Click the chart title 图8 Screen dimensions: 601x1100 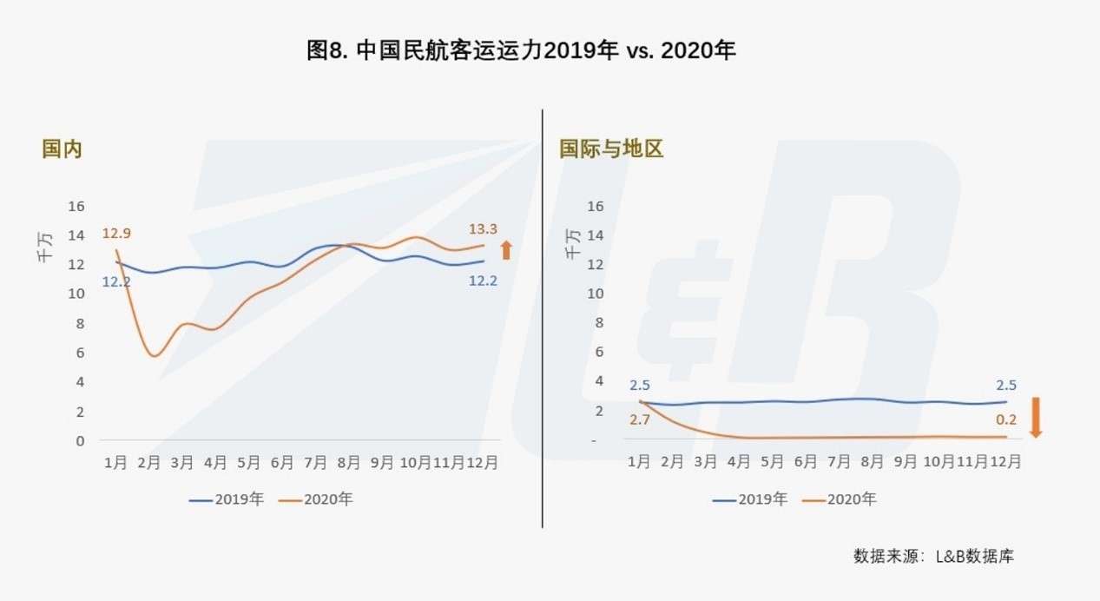point(521,51)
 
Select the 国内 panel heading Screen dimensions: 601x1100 point(62,149)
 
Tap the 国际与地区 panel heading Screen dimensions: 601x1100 point(611,149)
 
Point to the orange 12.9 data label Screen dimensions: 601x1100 point(115,233)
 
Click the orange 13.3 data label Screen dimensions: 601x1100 point(483,229)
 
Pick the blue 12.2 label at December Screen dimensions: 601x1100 point(483,281)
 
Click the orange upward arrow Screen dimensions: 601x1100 point(506,251)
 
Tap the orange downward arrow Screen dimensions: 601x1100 point(1034,417)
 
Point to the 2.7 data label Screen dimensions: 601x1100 point(639,419)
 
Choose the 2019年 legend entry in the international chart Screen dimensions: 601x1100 point(750,499)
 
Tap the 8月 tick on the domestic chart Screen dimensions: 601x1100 point(349,463)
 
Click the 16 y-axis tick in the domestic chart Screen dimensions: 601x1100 point(76,206)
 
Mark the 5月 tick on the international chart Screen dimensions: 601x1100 point(773,463)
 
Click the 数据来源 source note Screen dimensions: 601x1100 point(933,556)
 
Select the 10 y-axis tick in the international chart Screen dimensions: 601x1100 point(595,294)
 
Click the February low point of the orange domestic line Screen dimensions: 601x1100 point(155,355)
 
